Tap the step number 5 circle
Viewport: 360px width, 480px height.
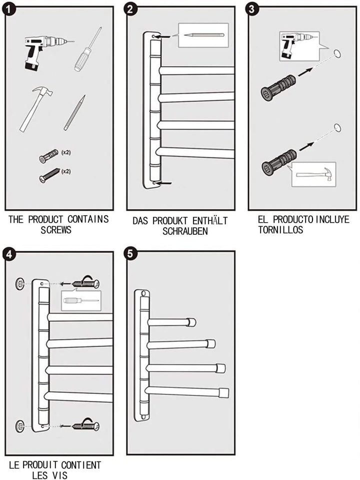pos(130,254)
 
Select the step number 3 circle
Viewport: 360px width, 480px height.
pos(251,9)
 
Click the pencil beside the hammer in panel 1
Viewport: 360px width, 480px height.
pos(74,113)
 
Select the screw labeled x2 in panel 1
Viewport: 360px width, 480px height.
pos(49,175)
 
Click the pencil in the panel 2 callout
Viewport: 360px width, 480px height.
pos(204,35)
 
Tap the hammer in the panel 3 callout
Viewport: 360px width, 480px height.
pos(314,174)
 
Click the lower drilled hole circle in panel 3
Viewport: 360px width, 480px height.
pos(337,128)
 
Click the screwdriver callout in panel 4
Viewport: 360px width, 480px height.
pos(81,300)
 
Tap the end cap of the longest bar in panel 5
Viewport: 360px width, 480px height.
pos(224,393)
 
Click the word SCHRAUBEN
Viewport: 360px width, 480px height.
pos(185,231)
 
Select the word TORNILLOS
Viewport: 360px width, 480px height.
pos(280,230)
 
